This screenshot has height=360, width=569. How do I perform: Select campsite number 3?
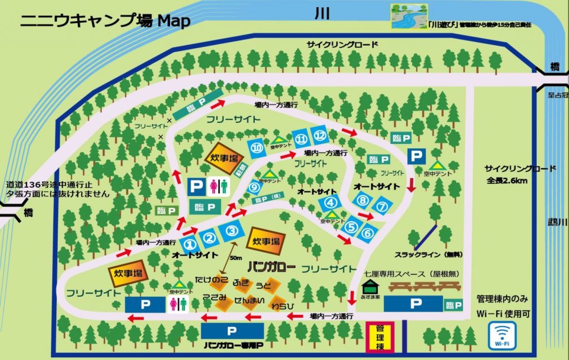pyautogui.click(x=232, y=231)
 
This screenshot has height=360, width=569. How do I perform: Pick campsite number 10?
pyautogui.click(x=256, y=147)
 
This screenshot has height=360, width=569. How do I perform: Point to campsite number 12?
pyautogui.click(x=319, y=134)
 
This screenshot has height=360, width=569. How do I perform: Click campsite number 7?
pyautogui.click(x=382, y=206)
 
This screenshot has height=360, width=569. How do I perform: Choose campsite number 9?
pyautogui.click(x=254, y=187)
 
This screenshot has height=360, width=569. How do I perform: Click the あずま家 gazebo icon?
pyautogui.click(x=368, y=287)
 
